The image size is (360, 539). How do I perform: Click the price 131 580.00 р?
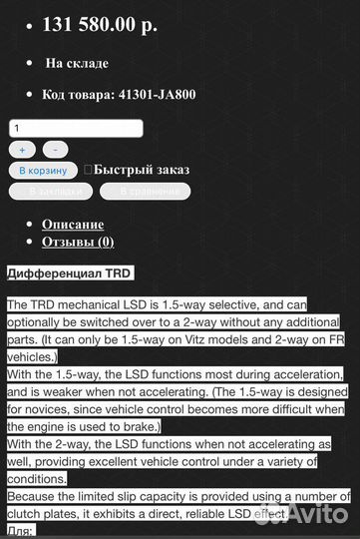tap(99, 26)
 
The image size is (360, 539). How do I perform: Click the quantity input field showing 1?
tap(76, 128)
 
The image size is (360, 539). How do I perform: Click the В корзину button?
tap(43, 171)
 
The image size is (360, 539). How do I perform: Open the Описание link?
tap(73, 224)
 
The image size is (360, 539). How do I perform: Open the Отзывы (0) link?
tap(78, 242)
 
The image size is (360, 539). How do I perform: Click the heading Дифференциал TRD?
tap(69, 272)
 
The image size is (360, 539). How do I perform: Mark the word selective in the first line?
tap(250, 304)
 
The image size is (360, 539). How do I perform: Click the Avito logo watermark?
tap(313, 514)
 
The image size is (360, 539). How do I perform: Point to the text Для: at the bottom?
tap(21, 531)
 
